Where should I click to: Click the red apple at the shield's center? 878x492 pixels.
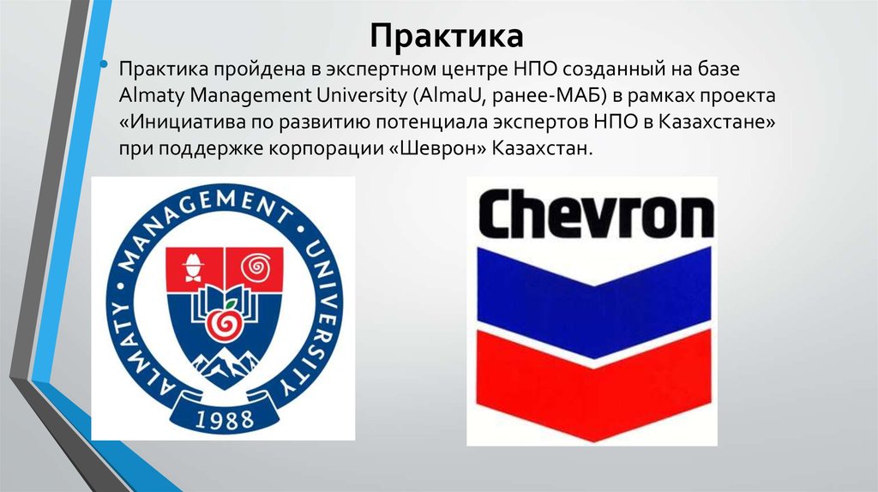point(225,323)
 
